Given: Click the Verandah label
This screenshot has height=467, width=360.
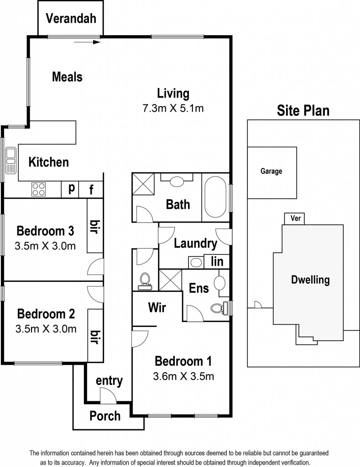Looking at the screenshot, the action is pyautogui.click(x=71, y=18).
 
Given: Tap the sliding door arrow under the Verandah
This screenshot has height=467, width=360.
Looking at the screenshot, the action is pyautogui.click(x=87, y=42).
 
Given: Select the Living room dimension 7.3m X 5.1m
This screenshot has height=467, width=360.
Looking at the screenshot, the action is pyautogui.click(x=173, y=108).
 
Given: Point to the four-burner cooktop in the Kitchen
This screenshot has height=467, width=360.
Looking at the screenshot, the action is pyautogui.click(x=39, y=189).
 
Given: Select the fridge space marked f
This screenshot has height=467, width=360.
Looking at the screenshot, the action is pyautogui.click(x=91, y=189).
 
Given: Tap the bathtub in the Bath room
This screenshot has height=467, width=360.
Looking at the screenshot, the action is pyautogui.click(x=215, y=197).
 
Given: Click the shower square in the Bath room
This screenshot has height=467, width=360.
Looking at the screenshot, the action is pyautogui.click(x=143, y=184).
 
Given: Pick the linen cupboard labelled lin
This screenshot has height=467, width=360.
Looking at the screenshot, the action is pyautogui.click(x=217, y=261).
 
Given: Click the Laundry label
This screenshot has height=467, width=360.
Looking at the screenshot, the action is pyautogui.click(x=195, y=244).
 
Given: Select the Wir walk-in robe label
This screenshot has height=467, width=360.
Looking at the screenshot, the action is pyautogui.click(x=157, y=307).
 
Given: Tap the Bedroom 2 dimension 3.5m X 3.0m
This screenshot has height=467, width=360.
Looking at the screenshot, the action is pyautogui.click(x=46, y=329).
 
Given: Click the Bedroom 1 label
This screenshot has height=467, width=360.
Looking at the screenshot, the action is pyautogui.click(x=183, y=361).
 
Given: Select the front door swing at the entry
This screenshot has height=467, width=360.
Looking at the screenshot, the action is pyautogui.click(x=108, y=396).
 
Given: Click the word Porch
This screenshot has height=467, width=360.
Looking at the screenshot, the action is pyautogui.click(x=105, y=416).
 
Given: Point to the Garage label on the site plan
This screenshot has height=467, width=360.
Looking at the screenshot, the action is pyautogui.click(x=271, y=171).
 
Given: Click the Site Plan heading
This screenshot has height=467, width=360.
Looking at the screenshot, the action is pyautogui.click(x=303, y=110).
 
